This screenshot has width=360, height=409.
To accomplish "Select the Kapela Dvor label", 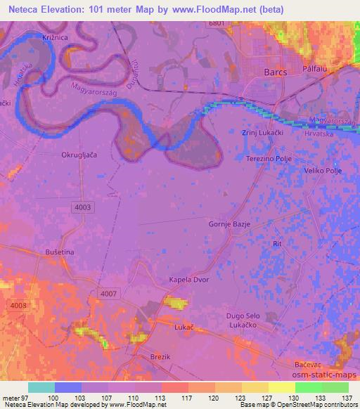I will [x=186, y=280].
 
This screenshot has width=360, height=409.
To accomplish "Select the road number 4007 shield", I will [x=109, y=294].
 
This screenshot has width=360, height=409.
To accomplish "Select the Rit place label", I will [x=277, y=243].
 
